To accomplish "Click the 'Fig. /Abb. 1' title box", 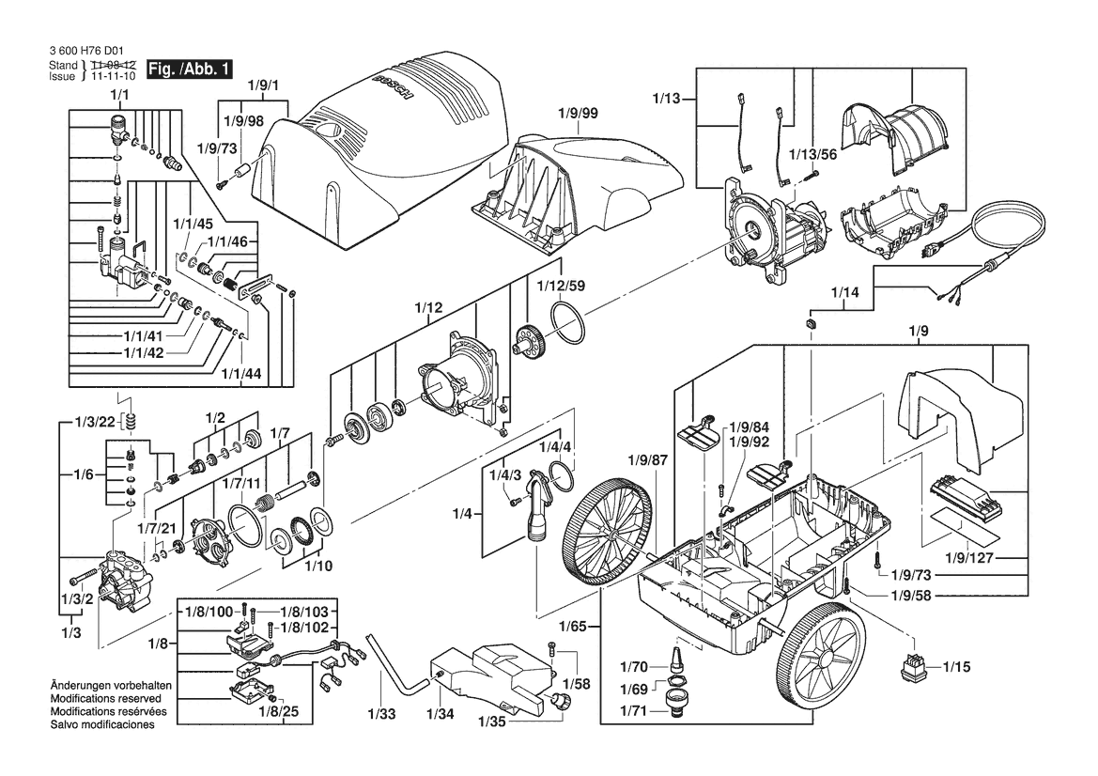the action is (189, 70).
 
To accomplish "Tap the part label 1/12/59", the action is (561, 286).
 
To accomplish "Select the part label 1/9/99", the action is (578, 113).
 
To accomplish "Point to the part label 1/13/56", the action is (812, 155).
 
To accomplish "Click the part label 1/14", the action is (844, 292).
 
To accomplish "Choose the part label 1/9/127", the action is (969, 558).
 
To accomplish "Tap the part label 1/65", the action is (572, 626).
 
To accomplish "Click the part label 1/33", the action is (381, 714).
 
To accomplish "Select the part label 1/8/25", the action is (278, 711).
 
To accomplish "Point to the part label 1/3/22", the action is (95, 422).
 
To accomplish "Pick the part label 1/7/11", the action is (241, 483).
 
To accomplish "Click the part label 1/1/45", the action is (193, 225).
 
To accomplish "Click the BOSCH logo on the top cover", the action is (395, 90).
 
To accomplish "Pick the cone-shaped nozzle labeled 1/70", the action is (677, 660).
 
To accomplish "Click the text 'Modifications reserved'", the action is (106, 698).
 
